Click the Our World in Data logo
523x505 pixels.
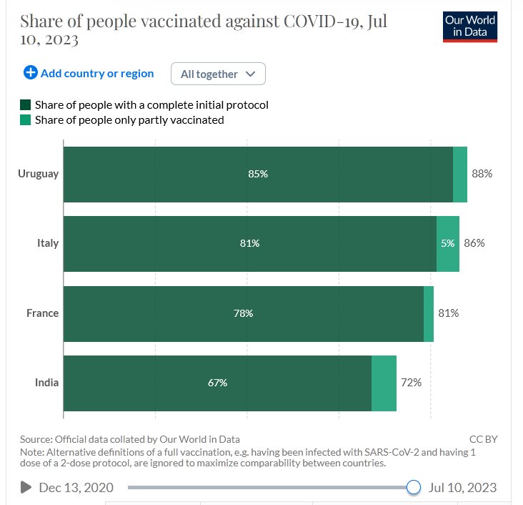[469, 26]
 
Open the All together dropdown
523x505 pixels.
[218, 74]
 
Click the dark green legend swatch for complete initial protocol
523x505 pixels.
[26, 105]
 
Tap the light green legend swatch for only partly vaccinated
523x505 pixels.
[26, 120]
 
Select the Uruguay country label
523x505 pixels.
[39, 174]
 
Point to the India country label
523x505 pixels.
[46, 383]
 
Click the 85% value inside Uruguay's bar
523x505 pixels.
[258, 174]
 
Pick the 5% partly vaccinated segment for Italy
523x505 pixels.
[448, 243]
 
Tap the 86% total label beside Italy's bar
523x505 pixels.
[474, 243]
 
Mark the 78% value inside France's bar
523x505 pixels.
[243, 313]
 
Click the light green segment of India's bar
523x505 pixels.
[384, 383]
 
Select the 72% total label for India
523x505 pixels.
[411, 383]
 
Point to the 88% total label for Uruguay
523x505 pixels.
[482, 174]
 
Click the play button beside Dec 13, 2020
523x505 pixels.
[26, 487]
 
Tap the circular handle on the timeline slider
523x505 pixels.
[413, 487]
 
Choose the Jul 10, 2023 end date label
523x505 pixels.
[462, 487]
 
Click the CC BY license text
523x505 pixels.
[483, 439]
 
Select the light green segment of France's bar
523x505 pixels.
[429, 313]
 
